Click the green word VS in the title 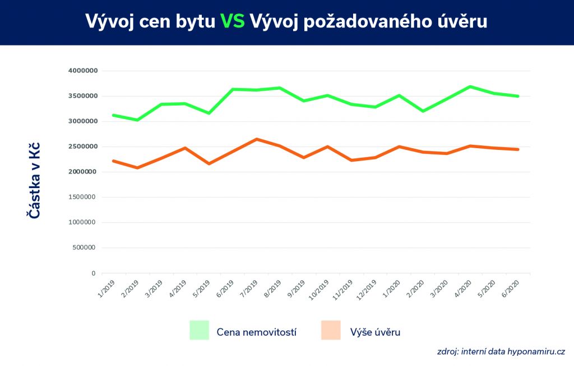tap(232, 21)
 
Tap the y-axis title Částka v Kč tap(34, 180)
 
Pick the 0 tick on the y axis tap(94, 273)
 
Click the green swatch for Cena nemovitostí tap(199, 330)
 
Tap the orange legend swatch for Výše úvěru tap(331, 330)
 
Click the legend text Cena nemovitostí tap(256, 332)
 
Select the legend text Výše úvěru tap(375, 332)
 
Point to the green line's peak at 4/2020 tap(470, 86)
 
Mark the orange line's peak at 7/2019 tap(256, 139)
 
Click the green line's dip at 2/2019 tap(137, 120)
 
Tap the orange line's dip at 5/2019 tap(209, 163)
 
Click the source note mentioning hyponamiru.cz tap(501, 352)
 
